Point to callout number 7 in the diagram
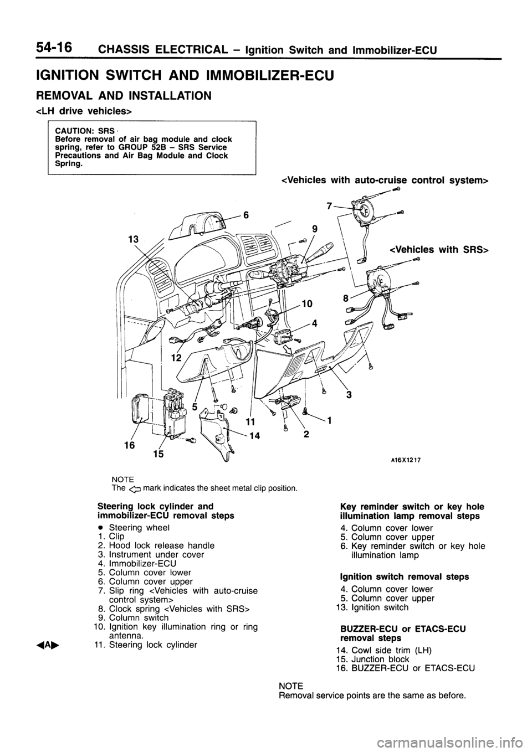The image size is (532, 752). point(330,205)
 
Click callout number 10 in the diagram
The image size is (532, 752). point(309,302)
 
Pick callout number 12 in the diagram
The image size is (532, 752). point(176,358)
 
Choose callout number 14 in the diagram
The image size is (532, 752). point(255,436)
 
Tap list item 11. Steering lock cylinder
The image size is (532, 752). point(143,645)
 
